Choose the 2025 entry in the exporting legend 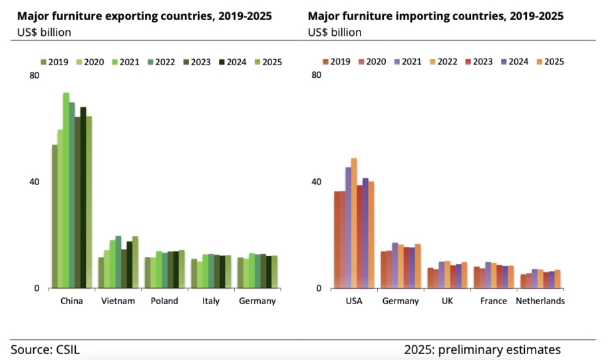coord(266,63)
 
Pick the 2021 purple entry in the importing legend coord(408,62)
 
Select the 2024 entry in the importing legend coord(512,62)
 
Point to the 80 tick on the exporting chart coord(35,76)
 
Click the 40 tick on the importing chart coord(317,182)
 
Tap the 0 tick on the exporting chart coord(37,288)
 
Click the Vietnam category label coord(118,301)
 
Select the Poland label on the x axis coord(164,301)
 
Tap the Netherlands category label coord(540,301)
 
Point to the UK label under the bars coord(447,301)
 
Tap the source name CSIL coord(69,349)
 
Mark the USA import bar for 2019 coord(337,240)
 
